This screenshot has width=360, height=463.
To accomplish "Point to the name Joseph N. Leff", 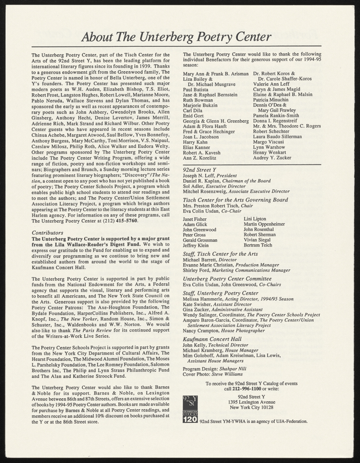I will click(x=202, y=192).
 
